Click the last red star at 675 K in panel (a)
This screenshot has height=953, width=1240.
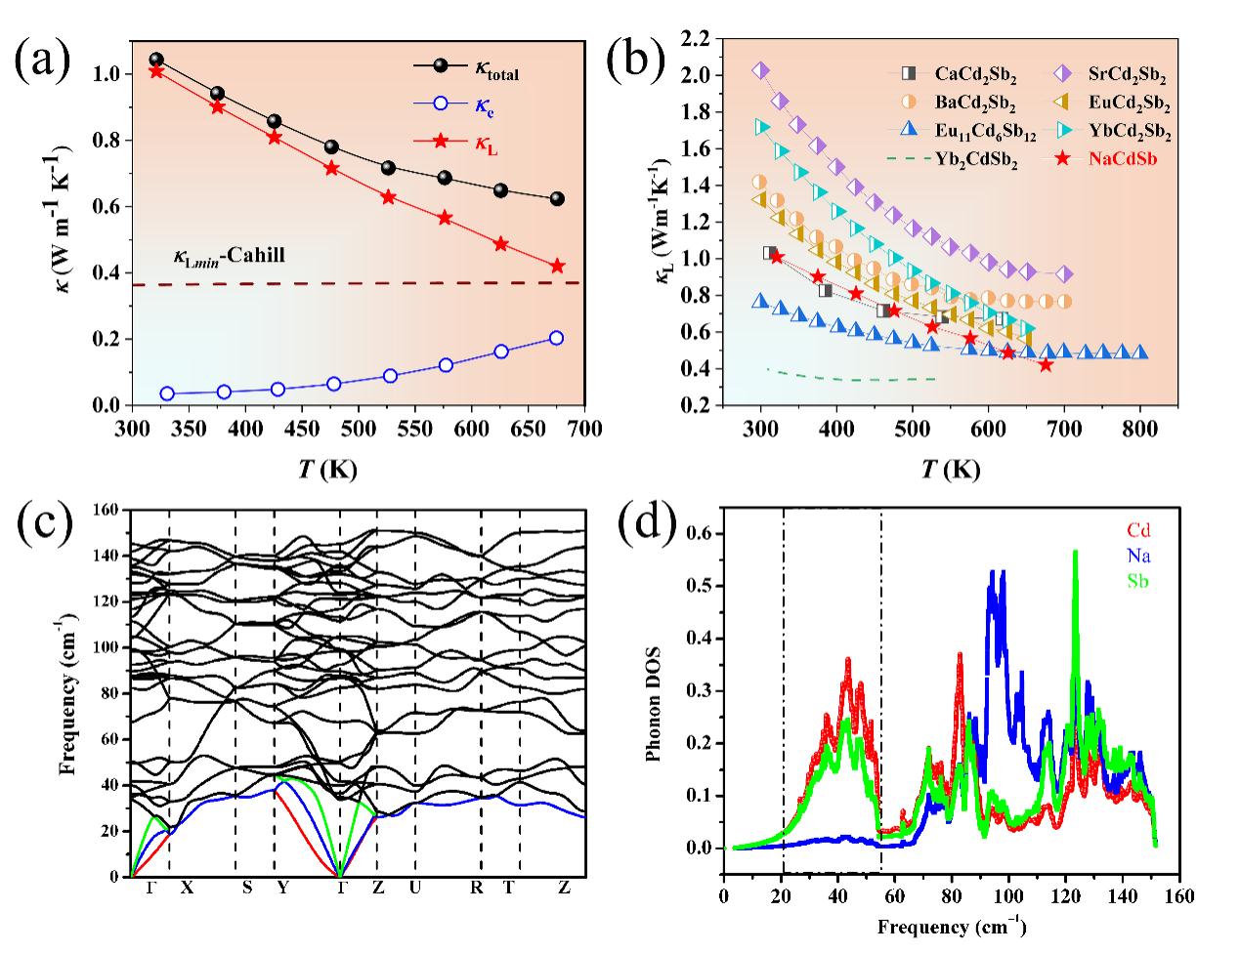558,266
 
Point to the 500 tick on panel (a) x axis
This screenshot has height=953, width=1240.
390,429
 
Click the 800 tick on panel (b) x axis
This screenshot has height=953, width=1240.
1139,429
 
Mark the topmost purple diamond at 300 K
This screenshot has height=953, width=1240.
761,70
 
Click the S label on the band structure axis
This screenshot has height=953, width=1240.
247,888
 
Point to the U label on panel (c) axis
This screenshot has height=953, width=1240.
415,888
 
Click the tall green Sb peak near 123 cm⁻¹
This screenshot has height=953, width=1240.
1076,553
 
